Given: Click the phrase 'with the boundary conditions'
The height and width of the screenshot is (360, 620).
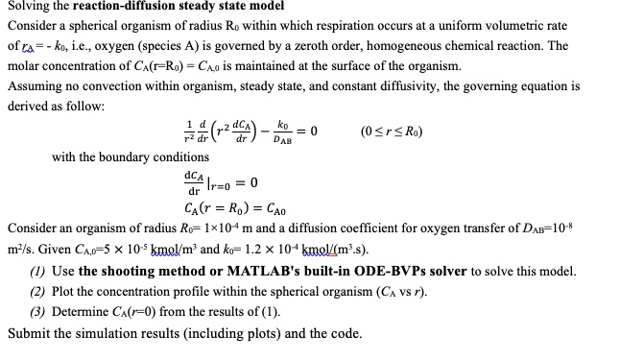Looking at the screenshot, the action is point(131,156).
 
